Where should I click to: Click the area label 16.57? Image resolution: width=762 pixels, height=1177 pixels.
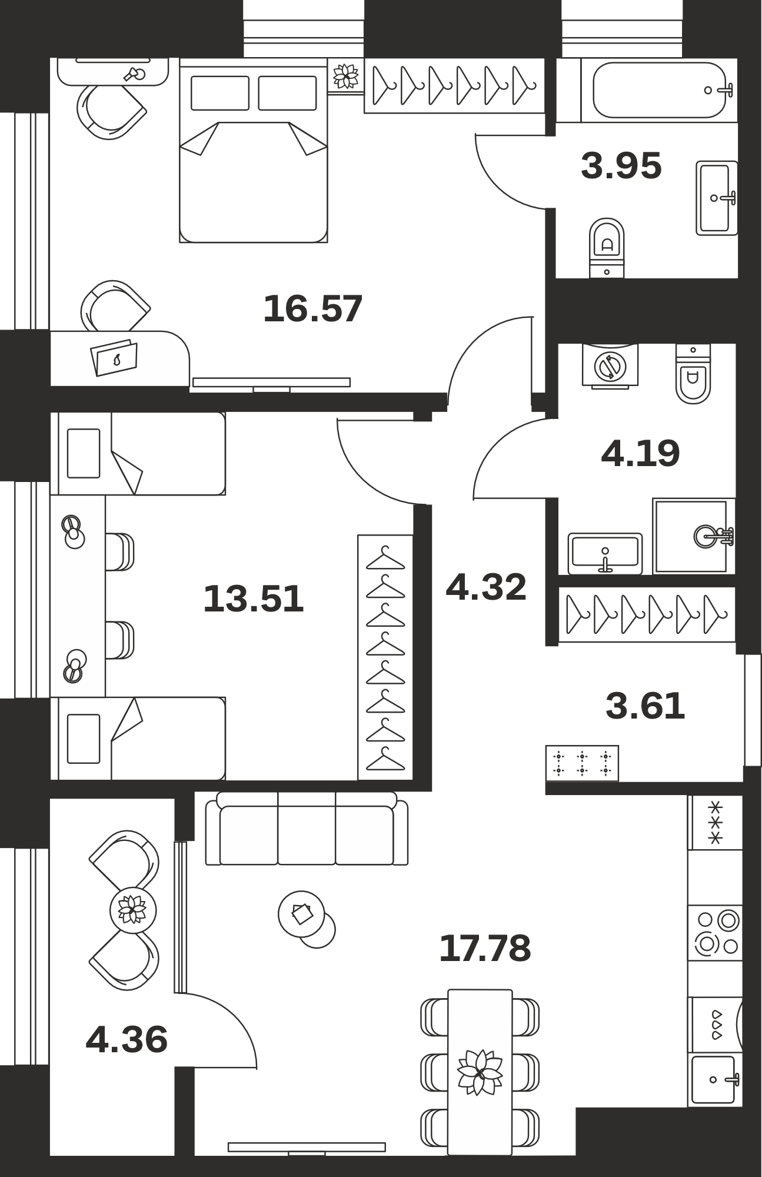coord(312,309)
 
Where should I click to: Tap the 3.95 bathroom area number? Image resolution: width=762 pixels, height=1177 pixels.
coord(621,165)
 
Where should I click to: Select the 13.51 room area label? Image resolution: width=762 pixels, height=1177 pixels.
coord(254,599)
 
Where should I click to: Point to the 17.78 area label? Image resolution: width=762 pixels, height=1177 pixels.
coord(485,948)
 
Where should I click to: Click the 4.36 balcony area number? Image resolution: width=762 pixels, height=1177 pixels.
coord(127,1039)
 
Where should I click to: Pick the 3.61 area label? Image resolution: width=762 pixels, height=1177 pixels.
coord(645,706)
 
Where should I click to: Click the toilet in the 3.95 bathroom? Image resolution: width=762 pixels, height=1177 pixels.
coord(607,248)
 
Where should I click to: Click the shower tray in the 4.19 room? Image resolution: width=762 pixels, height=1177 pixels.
coord(694,536)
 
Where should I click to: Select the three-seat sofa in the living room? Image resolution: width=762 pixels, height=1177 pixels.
coord(307,829)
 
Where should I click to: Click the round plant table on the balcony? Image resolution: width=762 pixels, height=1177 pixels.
coord(133,910)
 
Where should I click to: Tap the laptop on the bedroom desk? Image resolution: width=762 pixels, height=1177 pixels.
coord(114,358)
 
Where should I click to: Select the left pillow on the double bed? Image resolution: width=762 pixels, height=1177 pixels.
coord(219,93)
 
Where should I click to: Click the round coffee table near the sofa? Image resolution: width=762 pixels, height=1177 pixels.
coord(302,914)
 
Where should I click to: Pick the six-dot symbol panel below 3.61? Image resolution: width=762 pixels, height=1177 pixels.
coord(582,763)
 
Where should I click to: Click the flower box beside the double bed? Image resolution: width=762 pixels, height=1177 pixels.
coord(346,76)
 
